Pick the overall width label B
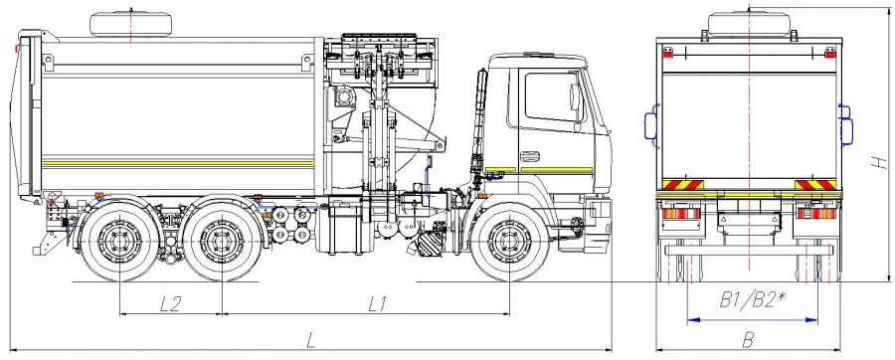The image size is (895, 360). coord(752,339)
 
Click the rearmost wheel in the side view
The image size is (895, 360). coord(120,242)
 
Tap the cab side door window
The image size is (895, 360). coord(550,97)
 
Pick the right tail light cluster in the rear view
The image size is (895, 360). coord(817,215)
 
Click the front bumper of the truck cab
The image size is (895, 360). coord(597,213)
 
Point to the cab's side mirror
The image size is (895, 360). coord(575,99)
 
